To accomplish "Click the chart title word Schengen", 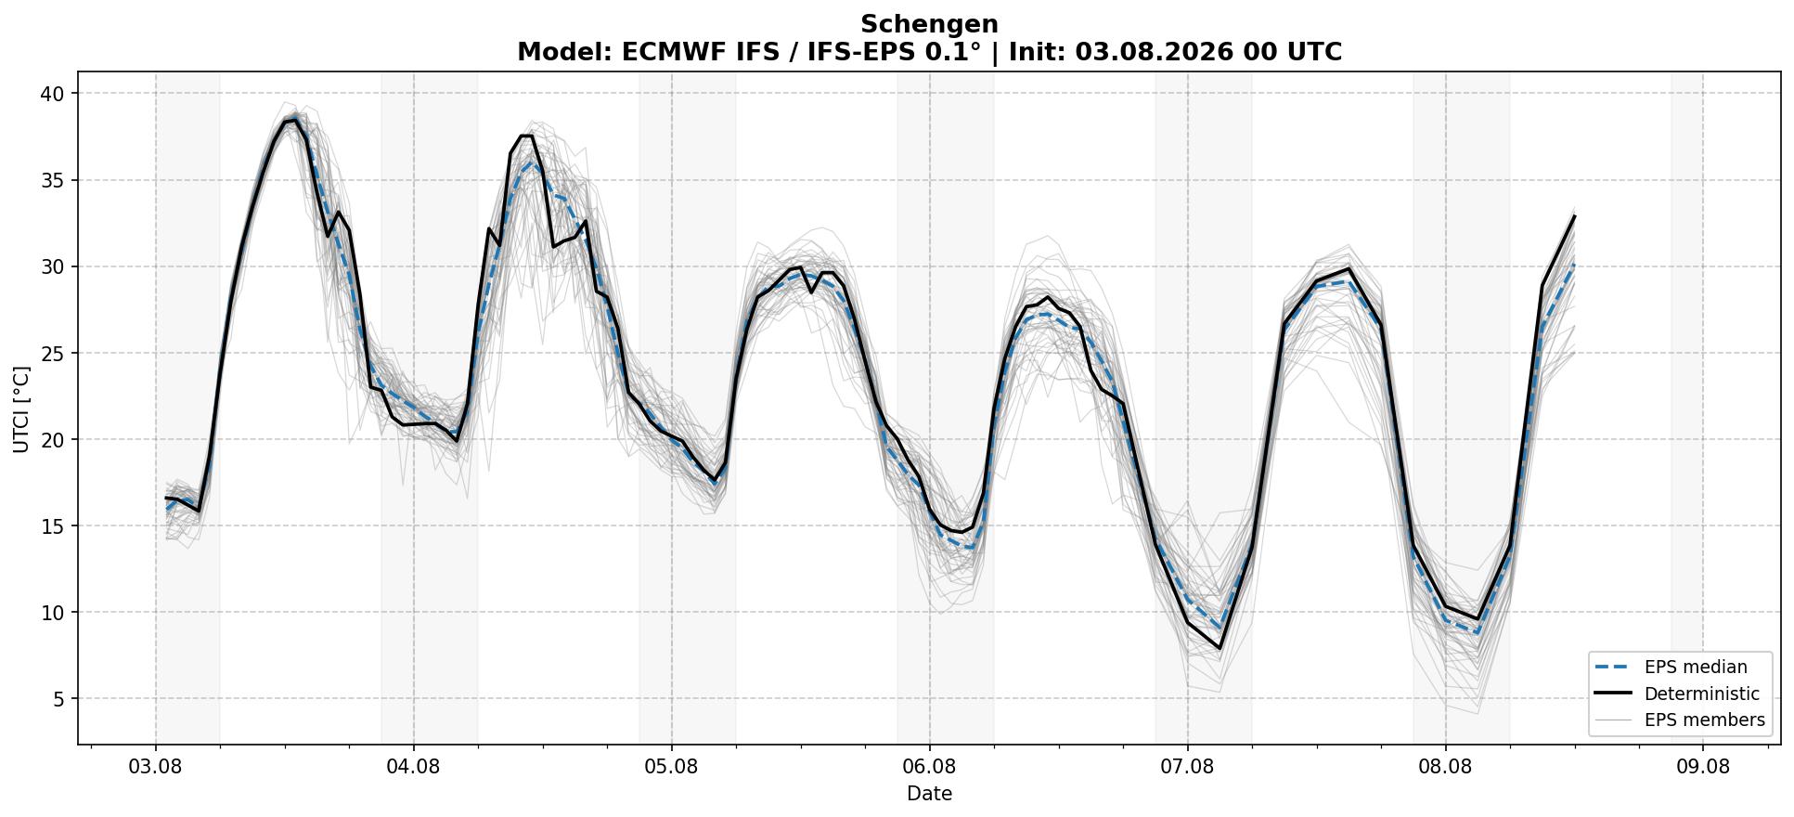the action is [x=929, y=24].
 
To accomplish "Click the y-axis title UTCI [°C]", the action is [x=21, y=408].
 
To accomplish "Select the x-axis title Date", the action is [x=929, y=794].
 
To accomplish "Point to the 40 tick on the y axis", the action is [x=53, y=94].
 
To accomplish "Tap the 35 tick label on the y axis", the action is [x=53, y=180].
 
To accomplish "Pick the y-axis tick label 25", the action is [x=53, y=353].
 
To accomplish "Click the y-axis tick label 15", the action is [x=53, y=525].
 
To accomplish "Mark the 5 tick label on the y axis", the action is [x=59, y=698].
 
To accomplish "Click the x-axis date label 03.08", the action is [x=155, y=767].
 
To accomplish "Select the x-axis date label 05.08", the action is [x=671, y=767].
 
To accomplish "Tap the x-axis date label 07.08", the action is [x=1187, y=767].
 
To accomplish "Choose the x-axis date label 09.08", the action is [x=1703, y=767].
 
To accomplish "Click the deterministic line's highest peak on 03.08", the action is [x=295, y=120].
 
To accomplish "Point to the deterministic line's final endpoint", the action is [x=1574, y=216].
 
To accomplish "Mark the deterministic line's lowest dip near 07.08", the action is [x=1220, y=648].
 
